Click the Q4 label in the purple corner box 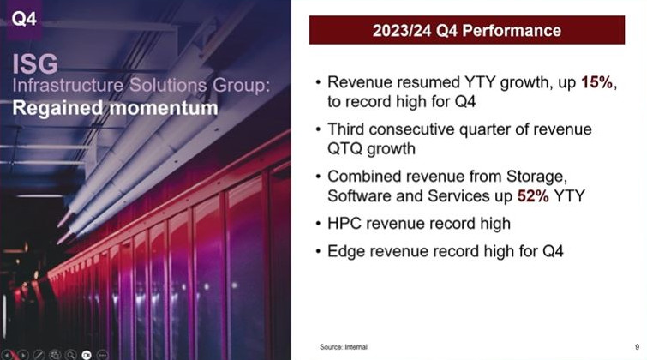[24, 19]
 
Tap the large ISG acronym [35, 64]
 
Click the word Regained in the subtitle [57, 109]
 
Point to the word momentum [164, 108]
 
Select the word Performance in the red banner [512, 31]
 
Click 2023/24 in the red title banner [402, 31]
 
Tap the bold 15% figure [596, 82]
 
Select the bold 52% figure [533, 195]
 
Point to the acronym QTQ [345, 148]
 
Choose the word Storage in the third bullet [536, 177]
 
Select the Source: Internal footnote [344, 347]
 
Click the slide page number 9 [637, 347]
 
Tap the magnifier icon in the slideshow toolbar [70, 355]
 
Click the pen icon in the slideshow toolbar [39, 355]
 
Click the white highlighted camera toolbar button [87, 355]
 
